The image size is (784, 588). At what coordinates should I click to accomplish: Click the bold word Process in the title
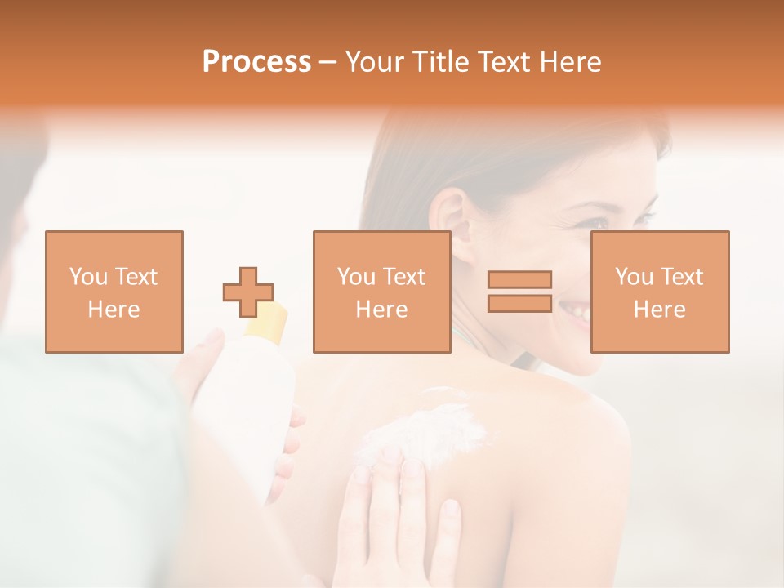pos(256,62)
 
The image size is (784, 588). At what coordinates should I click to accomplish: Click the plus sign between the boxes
pos(248,292)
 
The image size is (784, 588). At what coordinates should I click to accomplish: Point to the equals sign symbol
pos(519,292)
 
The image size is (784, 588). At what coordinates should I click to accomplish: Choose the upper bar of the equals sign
pos(519,280)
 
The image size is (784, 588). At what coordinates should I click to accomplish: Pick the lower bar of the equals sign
pos(519,303)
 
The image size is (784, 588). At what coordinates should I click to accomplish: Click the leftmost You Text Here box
pos(114,292)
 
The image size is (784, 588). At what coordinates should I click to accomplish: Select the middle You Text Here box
pos(381,292)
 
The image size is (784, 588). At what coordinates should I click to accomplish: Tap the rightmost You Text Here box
pos(659,292)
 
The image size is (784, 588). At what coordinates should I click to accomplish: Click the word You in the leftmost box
pos(88,277)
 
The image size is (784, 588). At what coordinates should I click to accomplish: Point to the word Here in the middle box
pos(381,309)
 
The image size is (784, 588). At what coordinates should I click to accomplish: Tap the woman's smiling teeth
pos(577,311)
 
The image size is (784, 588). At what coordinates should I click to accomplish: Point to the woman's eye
pos(601,222)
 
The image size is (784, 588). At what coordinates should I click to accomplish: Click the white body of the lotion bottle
pos(249,408)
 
